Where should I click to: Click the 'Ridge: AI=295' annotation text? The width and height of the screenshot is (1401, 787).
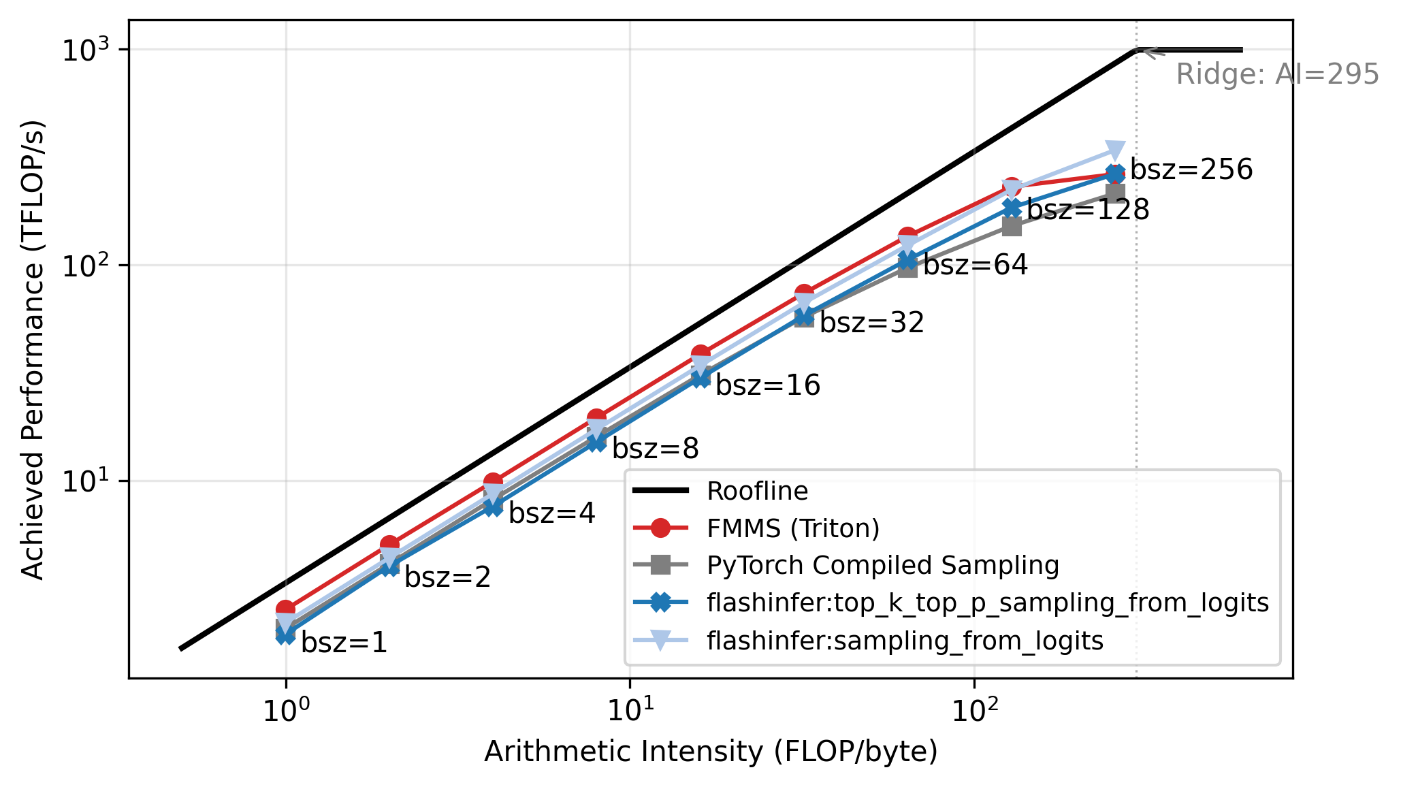(1277, 74)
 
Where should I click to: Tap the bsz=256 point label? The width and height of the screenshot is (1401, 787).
(1191, 170)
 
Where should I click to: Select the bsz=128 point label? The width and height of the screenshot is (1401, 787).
(1088, 210)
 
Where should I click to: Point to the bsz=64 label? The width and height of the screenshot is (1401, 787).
(975, 265)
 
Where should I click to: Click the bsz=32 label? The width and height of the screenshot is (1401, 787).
(871, 323)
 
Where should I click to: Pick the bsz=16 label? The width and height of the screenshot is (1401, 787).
(767, 386)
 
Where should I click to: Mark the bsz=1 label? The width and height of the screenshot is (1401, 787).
(344, 643)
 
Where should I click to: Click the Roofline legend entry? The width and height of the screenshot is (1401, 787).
(757, 491)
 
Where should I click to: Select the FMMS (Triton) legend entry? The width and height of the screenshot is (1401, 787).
(793, 528)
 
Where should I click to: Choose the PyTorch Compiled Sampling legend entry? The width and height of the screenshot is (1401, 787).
(882, 565)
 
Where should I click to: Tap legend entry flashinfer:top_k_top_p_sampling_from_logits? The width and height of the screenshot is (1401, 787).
(987, 603)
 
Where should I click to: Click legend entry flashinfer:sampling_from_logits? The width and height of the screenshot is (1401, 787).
(905, 641)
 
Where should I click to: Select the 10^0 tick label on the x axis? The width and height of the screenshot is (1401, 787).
(286, 711)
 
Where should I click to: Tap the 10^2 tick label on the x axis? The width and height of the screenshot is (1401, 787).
(974, 711)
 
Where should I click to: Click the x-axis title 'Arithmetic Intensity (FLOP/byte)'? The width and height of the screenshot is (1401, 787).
(711, 752)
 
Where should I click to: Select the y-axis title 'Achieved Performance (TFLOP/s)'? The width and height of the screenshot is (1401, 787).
(32, 349)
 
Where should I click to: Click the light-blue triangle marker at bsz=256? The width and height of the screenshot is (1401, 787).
(1114, 150)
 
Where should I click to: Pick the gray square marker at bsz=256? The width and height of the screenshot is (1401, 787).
(1114, 194)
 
